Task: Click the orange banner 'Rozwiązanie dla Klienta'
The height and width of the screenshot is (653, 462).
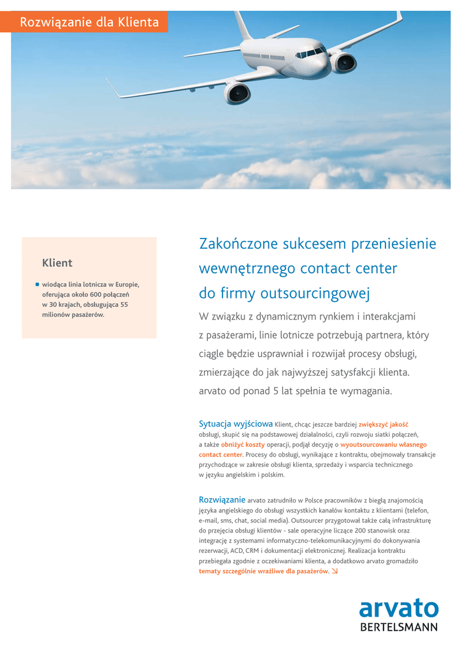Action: (x=89, y=22)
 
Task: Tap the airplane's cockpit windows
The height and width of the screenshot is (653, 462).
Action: (x=310, y=53)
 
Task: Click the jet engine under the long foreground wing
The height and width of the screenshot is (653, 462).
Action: (x=236, y=93)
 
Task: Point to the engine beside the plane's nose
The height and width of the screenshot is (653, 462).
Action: (x=343, y=62)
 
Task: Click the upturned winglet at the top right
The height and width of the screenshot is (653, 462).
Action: (x=399, y=16)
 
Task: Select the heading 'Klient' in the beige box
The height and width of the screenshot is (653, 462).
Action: (x=57, y=263)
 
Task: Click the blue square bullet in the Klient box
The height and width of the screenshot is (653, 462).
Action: (x=38, y=284)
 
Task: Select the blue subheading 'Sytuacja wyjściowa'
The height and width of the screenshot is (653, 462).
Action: (x=236, y=423)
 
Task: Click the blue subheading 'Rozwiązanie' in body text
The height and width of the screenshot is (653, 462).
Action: (x=222, y=499)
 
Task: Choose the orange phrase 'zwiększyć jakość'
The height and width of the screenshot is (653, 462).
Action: (x=383, y=424)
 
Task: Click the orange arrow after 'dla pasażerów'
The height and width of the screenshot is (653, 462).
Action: (x=335, y=571)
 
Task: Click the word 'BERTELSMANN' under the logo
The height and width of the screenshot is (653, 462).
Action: (x=399, y=627)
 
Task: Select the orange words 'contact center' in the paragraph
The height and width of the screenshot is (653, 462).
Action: (x=220, y=455)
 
